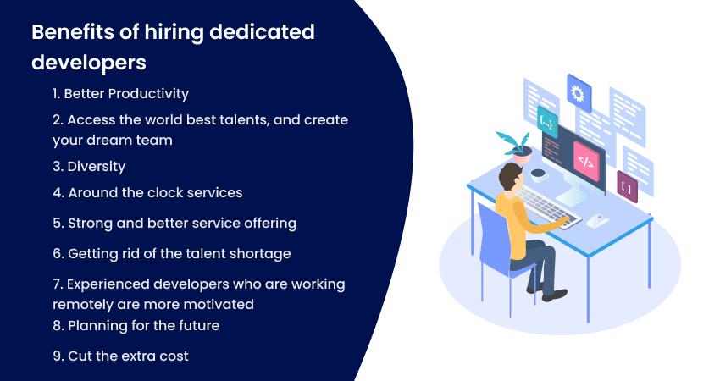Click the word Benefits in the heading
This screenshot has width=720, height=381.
click(x=73, y=32)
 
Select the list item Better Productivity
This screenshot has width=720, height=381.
click(x=121, y=94)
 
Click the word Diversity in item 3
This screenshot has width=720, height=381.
click(x=97, y=167)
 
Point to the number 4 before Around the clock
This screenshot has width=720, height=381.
click(x=58, y=193)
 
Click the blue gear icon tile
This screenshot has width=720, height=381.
click(x=579, y=93)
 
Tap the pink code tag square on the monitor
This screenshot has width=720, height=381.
click(x=586, y=161)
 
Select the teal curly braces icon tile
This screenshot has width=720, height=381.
click(x=547, y=122)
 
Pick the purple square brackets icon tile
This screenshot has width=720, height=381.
click(x=627, y=187)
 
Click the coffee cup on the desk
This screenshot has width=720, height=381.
click(x=538, y=174)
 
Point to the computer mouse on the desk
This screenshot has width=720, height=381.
click(x=597, y=220)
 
